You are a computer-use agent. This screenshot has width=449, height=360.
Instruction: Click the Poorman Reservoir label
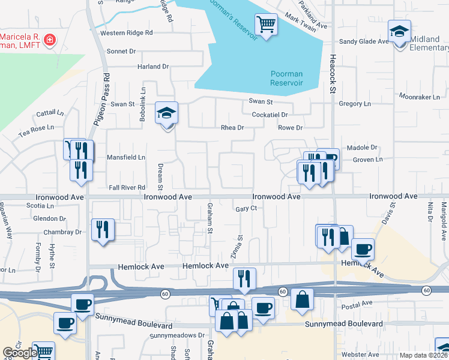click(286, 78)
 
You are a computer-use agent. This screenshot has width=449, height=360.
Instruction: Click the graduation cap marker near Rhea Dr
click(166, 113)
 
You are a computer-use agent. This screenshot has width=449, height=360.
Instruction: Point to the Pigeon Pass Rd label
click(102, 99)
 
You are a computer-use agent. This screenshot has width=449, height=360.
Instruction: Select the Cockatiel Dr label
click(270, 114)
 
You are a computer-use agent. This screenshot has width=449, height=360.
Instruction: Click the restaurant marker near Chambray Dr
click(103, 230)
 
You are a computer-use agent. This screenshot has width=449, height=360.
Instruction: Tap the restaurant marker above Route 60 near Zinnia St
click(244, 279)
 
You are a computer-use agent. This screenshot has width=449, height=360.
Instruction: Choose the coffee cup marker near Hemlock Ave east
click(362, 250)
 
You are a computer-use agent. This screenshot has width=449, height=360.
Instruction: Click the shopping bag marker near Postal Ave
click(302, 299)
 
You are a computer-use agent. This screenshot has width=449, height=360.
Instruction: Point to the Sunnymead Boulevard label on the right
click(343, 324)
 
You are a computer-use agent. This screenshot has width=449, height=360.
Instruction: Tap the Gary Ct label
click(246, 208)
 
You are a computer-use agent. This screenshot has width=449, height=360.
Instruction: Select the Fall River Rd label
click(127, 188)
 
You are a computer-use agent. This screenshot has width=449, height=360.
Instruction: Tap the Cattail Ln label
click(50, 112)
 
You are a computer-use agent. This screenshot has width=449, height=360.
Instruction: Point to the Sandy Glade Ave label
click(364, 41)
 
